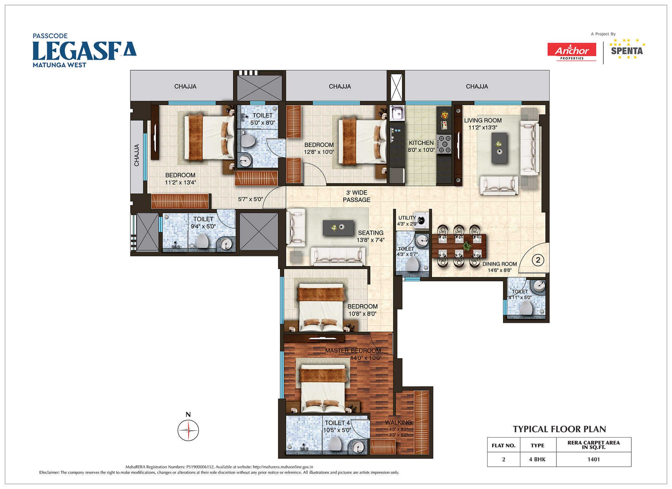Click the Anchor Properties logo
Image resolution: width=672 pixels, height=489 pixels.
[x=572, y=51]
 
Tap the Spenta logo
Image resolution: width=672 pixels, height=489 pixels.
[x=627, y=49]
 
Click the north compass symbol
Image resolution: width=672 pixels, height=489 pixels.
[x=188, y=427]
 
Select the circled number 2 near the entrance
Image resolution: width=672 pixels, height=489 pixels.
[x=538, y=260]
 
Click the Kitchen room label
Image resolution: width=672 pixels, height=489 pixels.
[x=421, y=143]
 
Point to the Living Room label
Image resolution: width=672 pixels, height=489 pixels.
[x=483, y=120]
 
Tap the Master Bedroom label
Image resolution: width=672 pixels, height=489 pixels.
[x=353, y=351]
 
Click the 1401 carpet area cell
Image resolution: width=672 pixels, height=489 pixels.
[x=594, y=459]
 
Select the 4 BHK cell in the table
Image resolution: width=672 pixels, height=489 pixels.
[x=538, y=459]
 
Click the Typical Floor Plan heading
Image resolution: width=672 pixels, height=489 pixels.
[x=559, y=429]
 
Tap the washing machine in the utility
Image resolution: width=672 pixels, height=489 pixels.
[x=421, y=220]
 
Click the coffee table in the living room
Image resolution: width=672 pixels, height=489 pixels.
[x=499, y=148]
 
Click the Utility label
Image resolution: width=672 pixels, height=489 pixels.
[x=407, y=218]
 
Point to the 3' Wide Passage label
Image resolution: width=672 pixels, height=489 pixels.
[x=356, y=196]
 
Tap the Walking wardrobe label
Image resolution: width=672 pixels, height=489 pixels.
[x=398, y=422]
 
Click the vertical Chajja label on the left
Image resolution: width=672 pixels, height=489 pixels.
[x=137, y=155]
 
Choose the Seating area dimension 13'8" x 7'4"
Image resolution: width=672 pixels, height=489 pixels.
[x=371, y=240]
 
